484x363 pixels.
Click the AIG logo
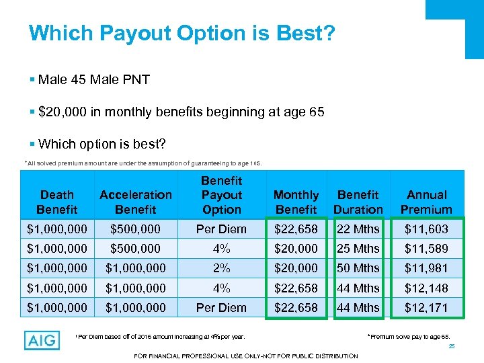click(x=42, y=341)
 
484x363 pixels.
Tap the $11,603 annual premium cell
click(x=426, y=229)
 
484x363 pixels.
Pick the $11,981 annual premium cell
click(x=426, y=268)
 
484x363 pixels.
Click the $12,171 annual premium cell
click(x=426, y=307)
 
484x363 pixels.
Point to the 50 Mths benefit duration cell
click(x=358, y=268)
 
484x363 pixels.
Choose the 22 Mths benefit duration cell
click(x=358, y=229)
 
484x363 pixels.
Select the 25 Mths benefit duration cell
click(x=358, y=249)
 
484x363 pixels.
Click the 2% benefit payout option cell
click(x=221, y=268)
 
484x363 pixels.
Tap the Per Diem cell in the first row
click(x=221, y=229)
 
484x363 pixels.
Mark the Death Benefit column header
click(x=57, y=202)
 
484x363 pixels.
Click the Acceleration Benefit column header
click(x=136, y=202)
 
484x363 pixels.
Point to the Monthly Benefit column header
click(x=296, y=202)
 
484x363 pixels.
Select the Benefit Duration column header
click(x=358, y=202)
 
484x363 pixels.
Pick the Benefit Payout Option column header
click(x=221, y=195)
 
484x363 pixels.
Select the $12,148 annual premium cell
click(x=426, y=288)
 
